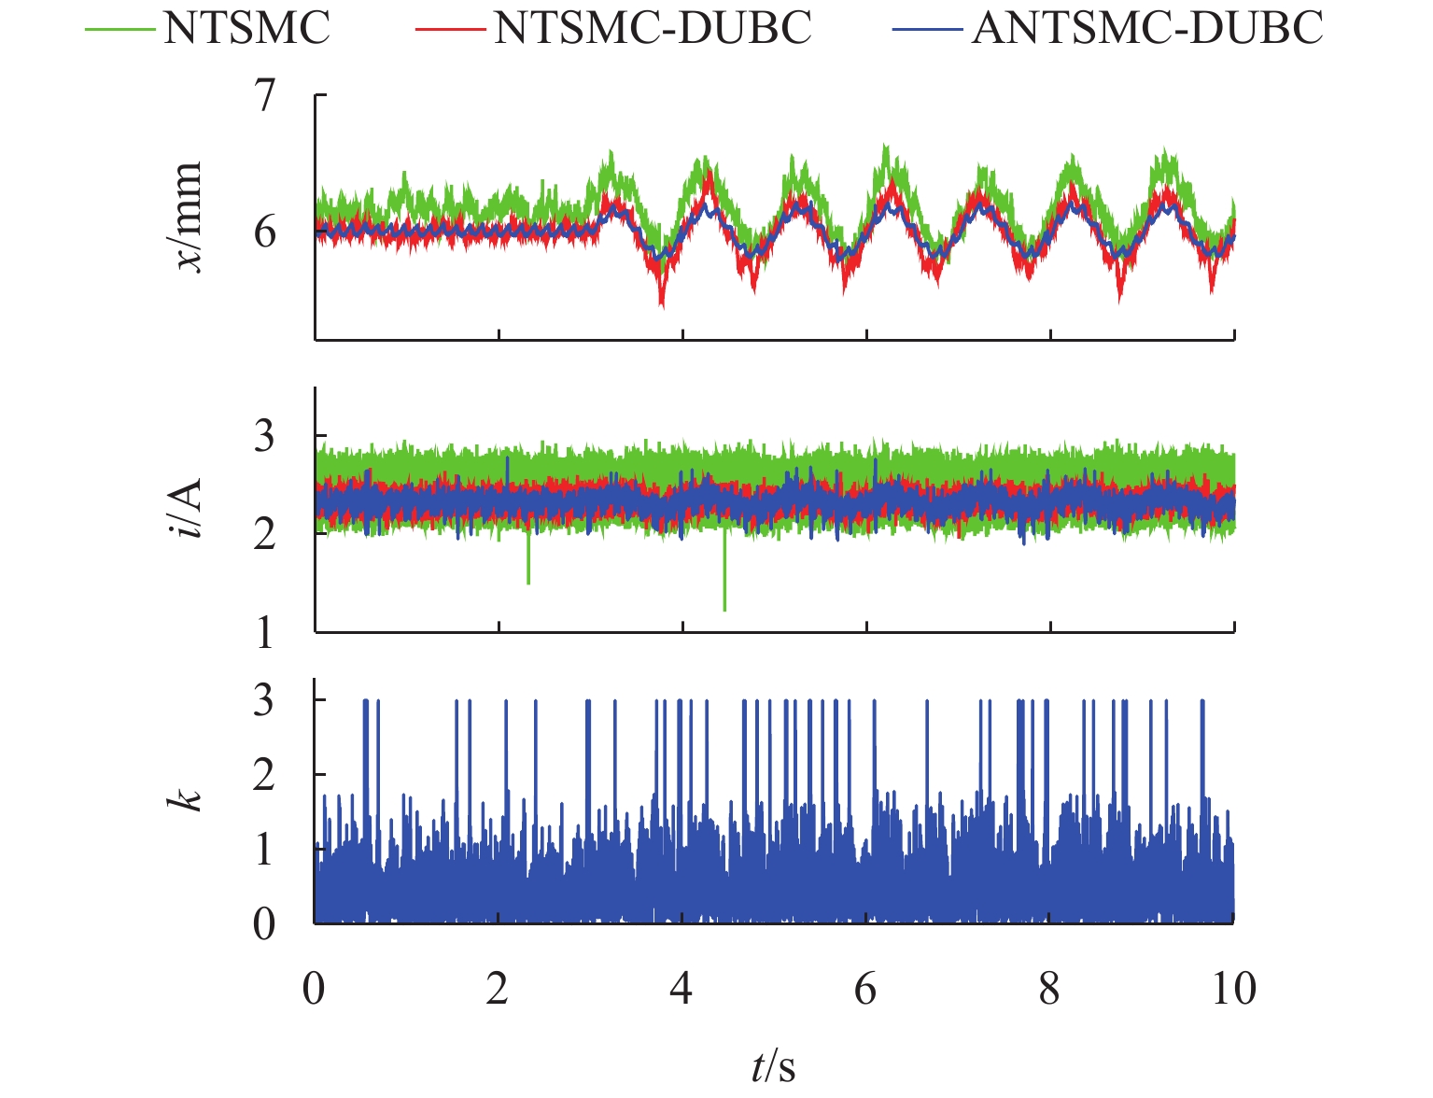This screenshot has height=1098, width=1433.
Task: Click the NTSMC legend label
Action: pyautogui.click(x=246, y=29)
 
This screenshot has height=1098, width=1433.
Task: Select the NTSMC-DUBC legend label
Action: pyautogui.click(x=653, y=29)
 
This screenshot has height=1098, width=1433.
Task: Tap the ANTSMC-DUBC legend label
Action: pyautogui.click(x=1147, y=29)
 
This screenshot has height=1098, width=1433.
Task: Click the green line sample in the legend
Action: pyautogui.click(x=119, y=29)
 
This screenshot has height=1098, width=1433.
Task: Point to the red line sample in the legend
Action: pyautogui.click(x=450, y=29)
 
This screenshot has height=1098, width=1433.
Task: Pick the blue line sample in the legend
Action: pyautogui.click(x=927, y=29)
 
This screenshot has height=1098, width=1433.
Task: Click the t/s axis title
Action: pyautogui.click(x=774, y=1065)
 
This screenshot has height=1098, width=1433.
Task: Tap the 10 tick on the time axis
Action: pyautogui.click(x=1234, y=988)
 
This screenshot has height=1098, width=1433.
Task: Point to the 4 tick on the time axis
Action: pyautogui.click(x=681, y=988)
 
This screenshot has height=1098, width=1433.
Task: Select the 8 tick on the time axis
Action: pyautogui.click(x=1050, y=988)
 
